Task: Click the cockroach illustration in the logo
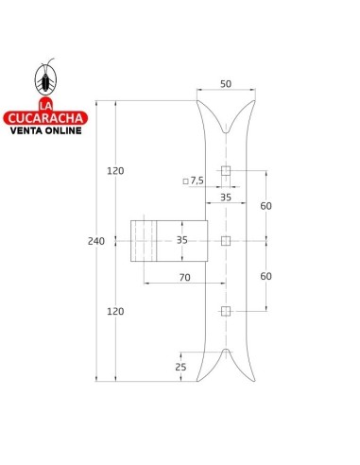(46, 79)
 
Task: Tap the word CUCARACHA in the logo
(45, 118)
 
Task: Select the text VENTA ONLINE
(46, 130)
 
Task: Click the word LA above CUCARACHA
(45, 105)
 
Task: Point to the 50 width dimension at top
(226, 84)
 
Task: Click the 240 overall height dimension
(96, 241)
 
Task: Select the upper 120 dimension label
(115, 171)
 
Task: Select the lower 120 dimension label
(115, 312)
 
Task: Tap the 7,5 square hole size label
(197, 181)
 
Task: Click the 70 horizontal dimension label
(185, 278)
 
